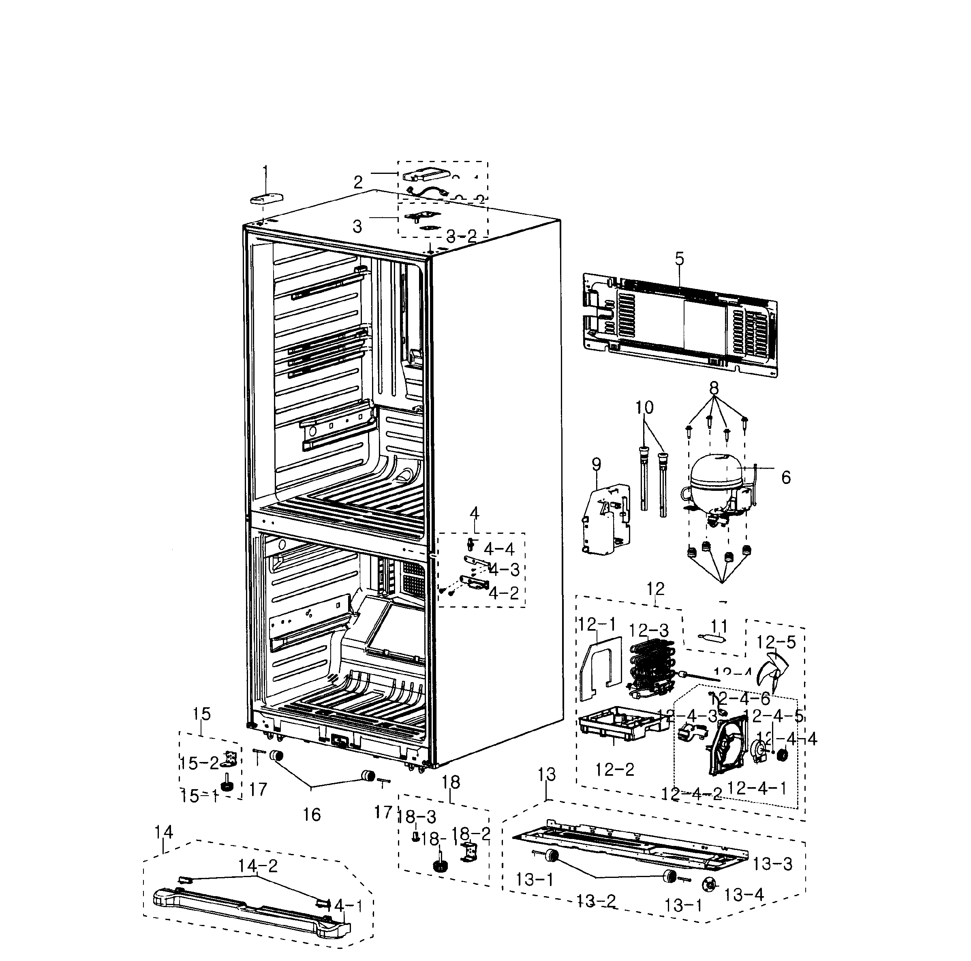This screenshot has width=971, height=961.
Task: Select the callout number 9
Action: (x=596, y=465)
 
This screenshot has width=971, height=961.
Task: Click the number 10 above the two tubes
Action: (x=644, y=407)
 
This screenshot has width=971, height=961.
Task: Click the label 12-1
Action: (x=597, y=625)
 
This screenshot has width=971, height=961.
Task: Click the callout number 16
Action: (x=312, y=815)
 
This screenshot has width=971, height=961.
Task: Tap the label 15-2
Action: (x=199, y=763)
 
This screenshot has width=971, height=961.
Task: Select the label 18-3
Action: (x=417, y=817)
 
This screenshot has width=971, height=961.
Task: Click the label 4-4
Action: (x=499, y=549)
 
